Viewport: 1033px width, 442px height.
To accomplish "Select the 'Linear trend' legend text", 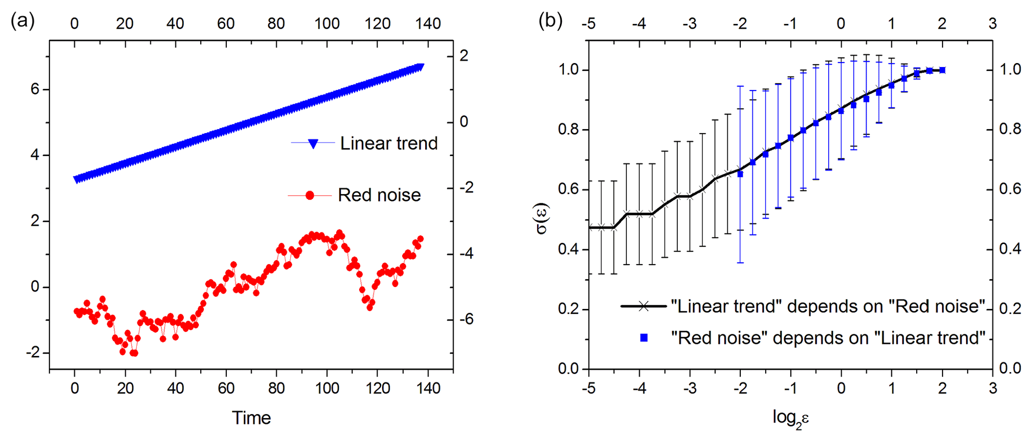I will pos(389,143).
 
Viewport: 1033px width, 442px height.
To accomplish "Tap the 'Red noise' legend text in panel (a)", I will pos(379,195).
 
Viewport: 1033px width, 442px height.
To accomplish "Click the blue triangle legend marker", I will pos(313,144).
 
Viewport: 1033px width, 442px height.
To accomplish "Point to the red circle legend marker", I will pos(310,195).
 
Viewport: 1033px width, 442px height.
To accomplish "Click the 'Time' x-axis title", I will pos(251,418).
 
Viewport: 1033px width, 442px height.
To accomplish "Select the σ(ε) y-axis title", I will pos(541,218).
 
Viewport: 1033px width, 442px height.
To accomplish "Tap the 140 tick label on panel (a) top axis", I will pos(428,23).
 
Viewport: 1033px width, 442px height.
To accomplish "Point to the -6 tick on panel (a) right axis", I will pos(466,319).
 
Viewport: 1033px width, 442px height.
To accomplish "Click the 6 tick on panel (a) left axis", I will pos(35,89).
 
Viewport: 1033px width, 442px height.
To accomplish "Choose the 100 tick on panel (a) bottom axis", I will pos(327,388).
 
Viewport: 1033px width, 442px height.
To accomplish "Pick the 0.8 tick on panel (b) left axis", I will pos(569,130).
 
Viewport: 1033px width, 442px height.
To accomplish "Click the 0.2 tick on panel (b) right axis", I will pos(1009,309).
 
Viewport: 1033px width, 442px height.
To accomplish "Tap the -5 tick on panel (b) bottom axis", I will pos(589,388).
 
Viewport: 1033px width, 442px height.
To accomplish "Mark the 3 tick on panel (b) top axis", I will pos(993,23).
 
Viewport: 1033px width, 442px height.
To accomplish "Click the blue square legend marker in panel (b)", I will pos(644,338).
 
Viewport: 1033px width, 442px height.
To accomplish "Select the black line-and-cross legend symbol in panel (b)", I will pos(644,306).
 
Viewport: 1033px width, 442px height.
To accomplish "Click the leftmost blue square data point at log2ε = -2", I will pos(740,174).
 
